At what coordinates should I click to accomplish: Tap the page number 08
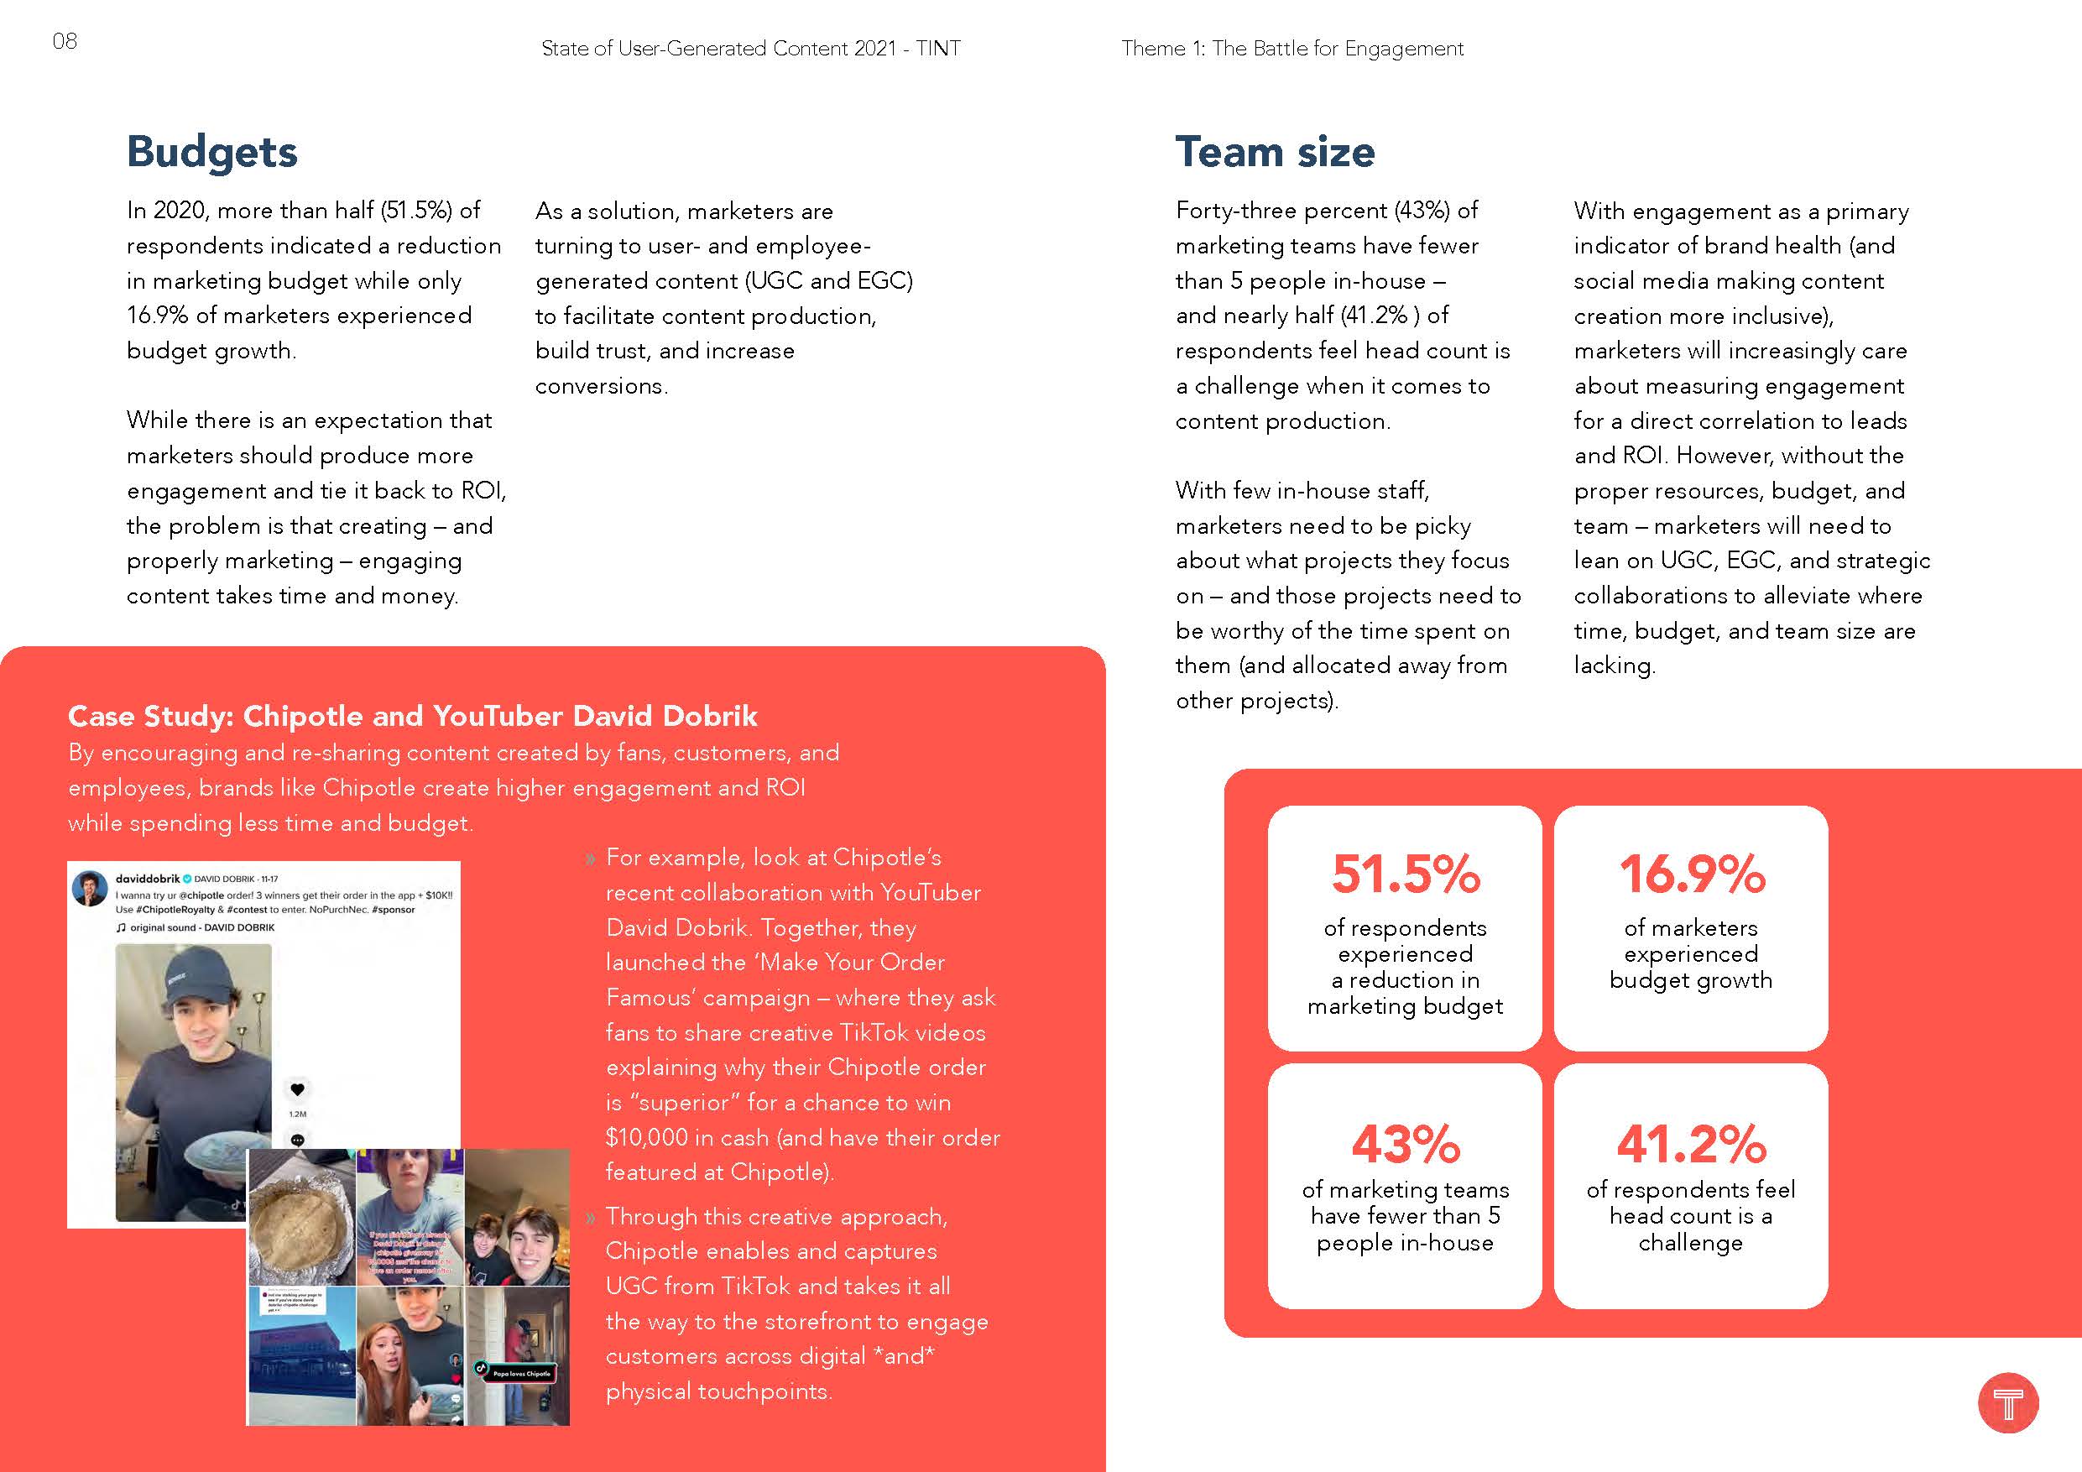65,41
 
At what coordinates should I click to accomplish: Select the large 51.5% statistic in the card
1405,874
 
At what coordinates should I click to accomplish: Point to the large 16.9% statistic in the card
1691,874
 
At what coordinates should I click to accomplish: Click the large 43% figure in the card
1405,1144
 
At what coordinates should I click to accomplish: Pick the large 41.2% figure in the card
1691,1144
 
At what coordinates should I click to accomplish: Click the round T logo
2007,1403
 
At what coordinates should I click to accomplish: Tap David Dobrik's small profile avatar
90,889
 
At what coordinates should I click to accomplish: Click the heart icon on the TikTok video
297,1089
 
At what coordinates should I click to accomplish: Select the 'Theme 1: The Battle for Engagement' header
1292,49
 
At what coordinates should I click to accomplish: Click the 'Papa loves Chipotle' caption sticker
519,1373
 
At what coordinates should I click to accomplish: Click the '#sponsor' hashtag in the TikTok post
393,909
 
